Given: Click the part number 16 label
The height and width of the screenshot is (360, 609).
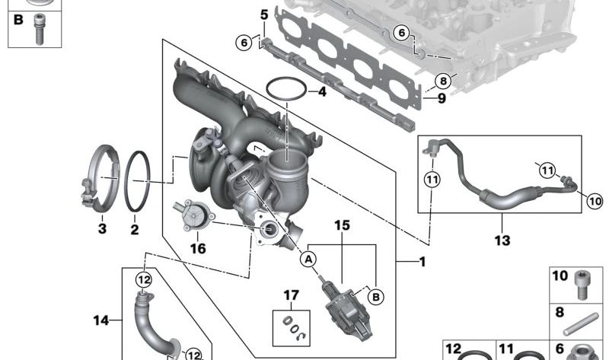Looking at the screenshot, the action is coord(198,248).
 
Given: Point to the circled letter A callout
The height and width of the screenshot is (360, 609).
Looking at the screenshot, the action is coord(308,259).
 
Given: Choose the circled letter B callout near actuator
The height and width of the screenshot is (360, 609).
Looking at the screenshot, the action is coord(375,297).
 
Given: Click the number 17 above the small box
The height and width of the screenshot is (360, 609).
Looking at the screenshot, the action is coord(292,295).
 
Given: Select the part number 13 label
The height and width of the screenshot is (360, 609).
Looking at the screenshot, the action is coord(502,241).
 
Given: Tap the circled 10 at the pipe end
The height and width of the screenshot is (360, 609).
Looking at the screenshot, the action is coord(595,201).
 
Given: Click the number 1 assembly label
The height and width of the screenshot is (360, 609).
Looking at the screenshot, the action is coord(422,262).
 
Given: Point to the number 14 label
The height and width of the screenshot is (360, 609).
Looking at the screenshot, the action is coord(101,320).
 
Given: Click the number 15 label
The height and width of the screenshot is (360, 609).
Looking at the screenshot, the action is coord(342,225).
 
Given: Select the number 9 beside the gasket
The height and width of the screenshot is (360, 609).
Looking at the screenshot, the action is coord(442,98).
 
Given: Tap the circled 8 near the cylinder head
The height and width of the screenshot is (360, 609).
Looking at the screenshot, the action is coord(443,81).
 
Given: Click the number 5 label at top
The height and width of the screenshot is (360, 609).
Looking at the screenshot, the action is coord(264,15).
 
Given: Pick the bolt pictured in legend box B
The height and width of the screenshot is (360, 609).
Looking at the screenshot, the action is coord(39,29).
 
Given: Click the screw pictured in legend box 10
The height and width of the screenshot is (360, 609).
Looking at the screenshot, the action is coord(582,285).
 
